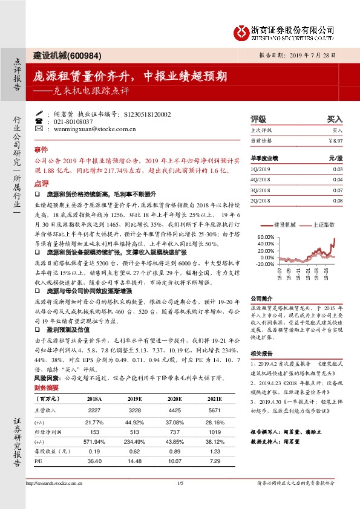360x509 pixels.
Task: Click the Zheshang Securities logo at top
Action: (x=284, y=31)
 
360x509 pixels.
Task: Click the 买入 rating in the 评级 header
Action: (x=335, y=120)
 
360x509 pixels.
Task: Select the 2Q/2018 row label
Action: (x=261, y=199)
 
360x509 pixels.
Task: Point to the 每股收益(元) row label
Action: (x=50, y=450)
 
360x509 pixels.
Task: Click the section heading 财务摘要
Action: (x=47, y=387)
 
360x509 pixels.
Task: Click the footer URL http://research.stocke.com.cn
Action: (x=56, y=483)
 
